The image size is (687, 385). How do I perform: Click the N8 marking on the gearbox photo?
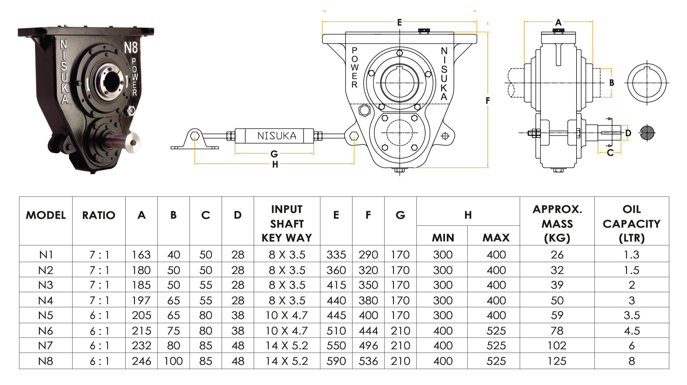(131, 48)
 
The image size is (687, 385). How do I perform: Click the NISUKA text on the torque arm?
(277, 136)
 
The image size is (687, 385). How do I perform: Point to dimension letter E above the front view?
(400, 22)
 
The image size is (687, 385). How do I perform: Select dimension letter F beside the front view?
(488, 101)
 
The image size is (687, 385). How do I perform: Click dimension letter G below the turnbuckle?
(274, 154)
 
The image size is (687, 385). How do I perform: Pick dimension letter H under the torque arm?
(275, 165)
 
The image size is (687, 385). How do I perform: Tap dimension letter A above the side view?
(558, 22)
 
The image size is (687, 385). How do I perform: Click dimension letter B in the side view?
(611, 83)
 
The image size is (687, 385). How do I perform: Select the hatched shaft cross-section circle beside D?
(647, 133)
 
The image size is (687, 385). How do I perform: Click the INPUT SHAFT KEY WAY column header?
(287, 223)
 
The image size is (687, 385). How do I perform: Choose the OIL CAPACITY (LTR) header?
(631, 223)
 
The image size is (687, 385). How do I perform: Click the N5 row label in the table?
(46, 315)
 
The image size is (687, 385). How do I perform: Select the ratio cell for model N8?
(99, 361)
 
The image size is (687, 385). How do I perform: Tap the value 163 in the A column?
(141, 255)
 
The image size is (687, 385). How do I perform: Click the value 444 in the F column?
(368, 331)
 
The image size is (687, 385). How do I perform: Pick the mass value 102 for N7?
(557, 345)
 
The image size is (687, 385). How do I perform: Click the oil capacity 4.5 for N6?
(632, 331)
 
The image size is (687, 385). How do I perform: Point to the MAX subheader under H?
(496, 237)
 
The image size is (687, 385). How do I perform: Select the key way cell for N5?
(287, 315)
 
